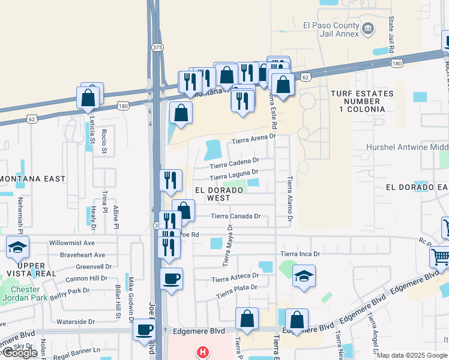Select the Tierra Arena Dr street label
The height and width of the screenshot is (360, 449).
pyautogui.click(x=253, y=137)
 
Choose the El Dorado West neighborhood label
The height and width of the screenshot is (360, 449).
pyautogui.click(x=218, y=194)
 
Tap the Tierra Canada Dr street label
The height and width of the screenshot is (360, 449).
pyautogui.click(x=236, y=216)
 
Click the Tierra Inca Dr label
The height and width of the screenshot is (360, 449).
pyautogui.click(x=300, y=254)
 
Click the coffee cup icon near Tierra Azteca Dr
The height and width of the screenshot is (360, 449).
pyautogui.click(x=172, y=278)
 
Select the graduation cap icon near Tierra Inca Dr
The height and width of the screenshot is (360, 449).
pyautogui.click(x=304, y=276)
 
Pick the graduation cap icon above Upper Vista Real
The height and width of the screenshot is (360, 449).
pyautogui.click(x=18, y=247)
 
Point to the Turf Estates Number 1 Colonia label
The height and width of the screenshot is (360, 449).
pyautogui.click(x=362, y=101)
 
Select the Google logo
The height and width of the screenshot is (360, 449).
pyautogui.click(x=20, y=353)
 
